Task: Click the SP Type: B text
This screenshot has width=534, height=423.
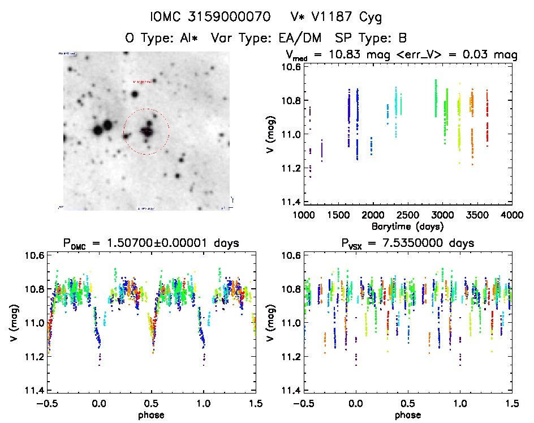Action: coord(371,39)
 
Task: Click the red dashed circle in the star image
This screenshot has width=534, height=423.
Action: coord(147,131)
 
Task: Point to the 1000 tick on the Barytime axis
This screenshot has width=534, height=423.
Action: coord(304,215)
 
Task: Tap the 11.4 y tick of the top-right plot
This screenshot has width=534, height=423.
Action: coord(289,202)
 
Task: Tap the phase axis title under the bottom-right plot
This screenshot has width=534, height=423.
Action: coord(408,414)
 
